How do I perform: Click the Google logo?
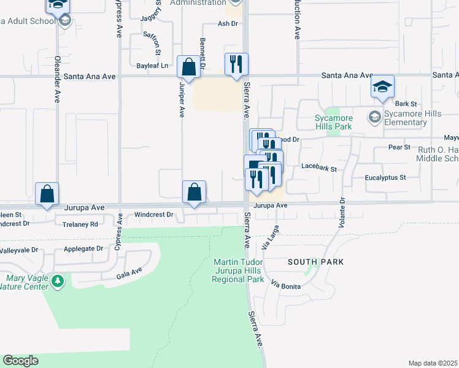(20, 361)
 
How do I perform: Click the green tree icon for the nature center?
(58, 282)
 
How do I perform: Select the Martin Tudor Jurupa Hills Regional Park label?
(238, 270)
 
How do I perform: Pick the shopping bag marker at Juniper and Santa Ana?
(188, 67)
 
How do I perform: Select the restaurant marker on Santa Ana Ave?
(236, 64)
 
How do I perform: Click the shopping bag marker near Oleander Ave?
(47, 194)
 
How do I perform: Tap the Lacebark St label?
(320, 166)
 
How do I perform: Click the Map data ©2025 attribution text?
(432, 363)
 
